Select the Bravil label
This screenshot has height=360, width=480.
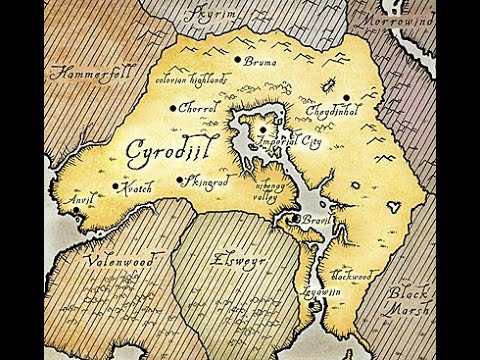coord(313,220)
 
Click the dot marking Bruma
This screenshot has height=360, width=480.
coord(237,61)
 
